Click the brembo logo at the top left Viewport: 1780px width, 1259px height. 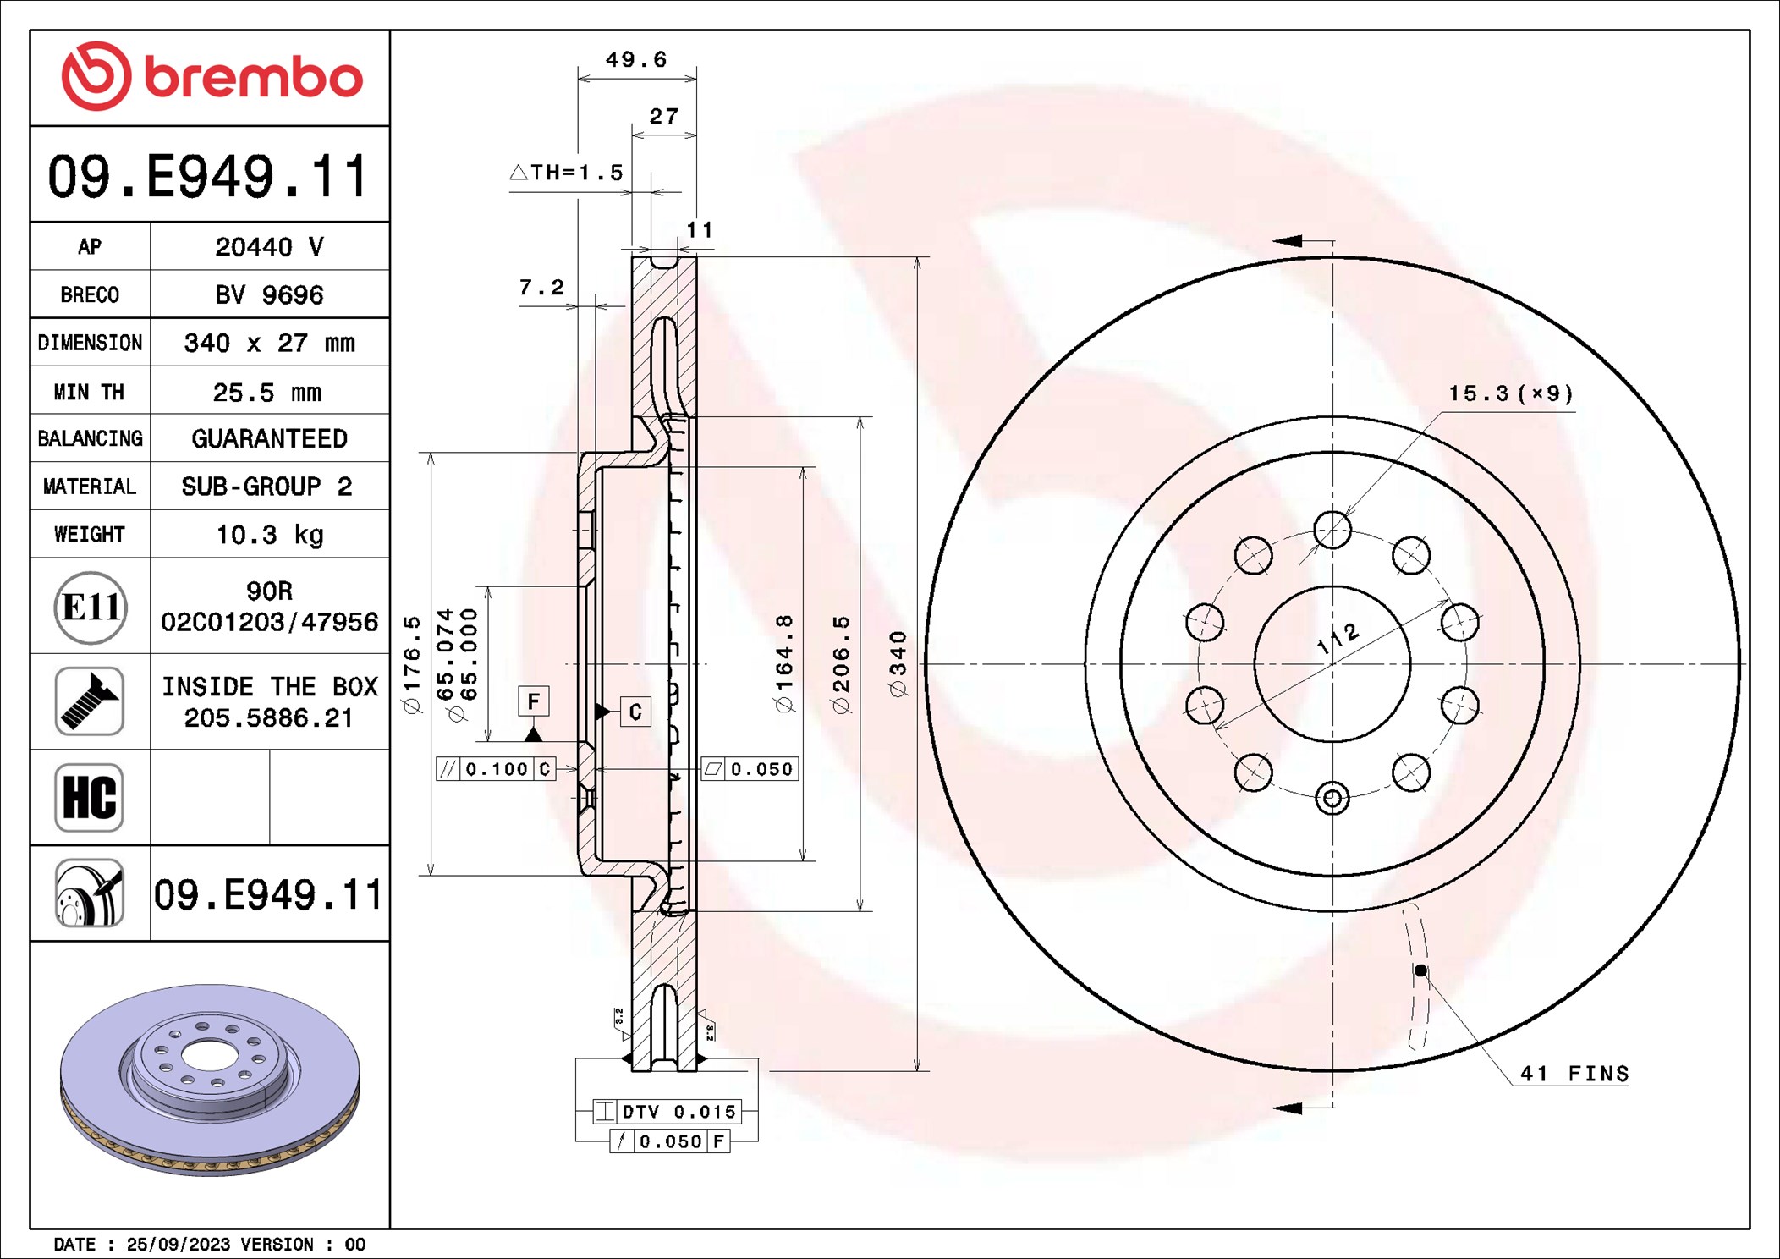tap(212, 76)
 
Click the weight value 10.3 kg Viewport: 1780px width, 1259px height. tap(269, 535)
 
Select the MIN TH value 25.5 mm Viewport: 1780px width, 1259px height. tap(266, 393)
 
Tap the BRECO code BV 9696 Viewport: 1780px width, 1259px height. tap(269, 295)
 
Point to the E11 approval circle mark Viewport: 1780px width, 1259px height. tap(91, 608)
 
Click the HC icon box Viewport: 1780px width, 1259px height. tap(89, 798)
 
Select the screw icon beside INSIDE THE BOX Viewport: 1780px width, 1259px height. tap(89, 701)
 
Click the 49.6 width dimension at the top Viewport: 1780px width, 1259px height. tap(635, 60)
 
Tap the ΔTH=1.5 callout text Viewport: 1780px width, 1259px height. tap(567, 173)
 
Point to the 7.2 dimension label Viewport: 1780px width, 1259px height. tap(541, 288)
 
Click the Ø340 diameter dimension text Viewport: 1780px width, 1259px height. tap(898, 664)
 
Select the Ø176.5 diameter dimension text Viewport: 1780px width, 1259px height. tap(411, 664)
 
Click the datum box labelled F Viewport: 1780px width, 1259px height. tap(533, 701)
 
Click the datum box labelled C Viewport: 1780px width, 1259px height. tap(635, 712)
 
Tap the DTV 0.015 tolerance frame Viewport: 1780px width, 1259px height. tap(667, 1112)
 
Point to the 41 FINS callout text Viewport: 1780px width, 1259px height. tap(1574, 1074)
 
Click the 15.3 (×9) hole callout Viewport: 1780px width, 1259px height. tap(1510, 393)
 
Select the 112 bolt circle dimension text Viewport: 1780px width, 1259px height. tap(1338, 639)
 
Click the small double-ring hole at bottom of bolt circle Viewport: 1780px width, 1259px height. tap(1332, 798)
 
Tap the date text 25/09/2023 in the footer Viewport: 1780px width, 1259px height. tap(178, 1245)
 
